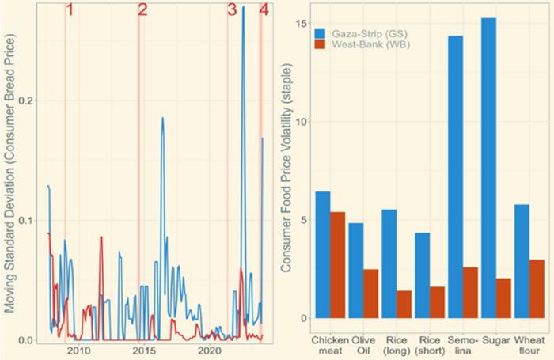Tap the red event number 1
point(70,11)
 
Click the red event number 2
point(142,11)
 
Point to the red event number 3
point(232,11)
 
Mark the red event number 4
point(264,11)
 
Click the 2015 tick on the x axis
point(143,351)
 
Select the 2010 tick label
point(78,351)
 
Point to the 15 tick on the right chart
point(301,24)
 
